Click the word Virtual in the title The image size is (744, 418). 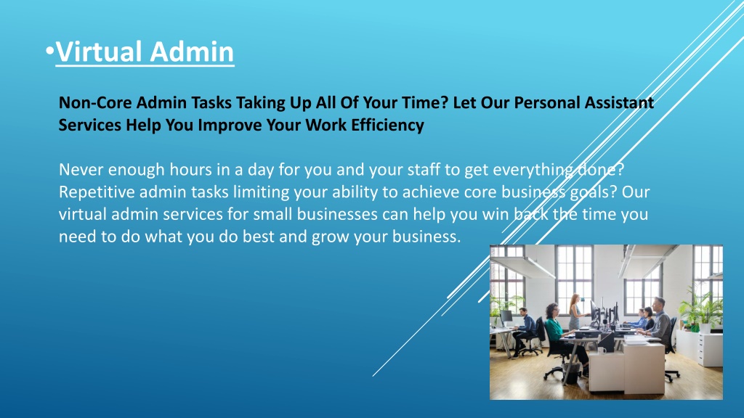[99, 52]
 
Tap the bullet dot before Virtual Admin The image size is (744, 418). [50, 51]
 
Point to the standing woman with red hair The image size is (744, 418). [575, 312]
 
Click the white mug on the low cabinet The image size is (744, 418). [602, 351]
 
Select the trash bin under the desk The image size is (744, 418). [571, 374]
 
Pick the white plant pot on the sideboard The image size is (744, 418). [705, 328]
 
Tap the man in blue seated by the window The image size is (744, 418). [525, 331]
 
